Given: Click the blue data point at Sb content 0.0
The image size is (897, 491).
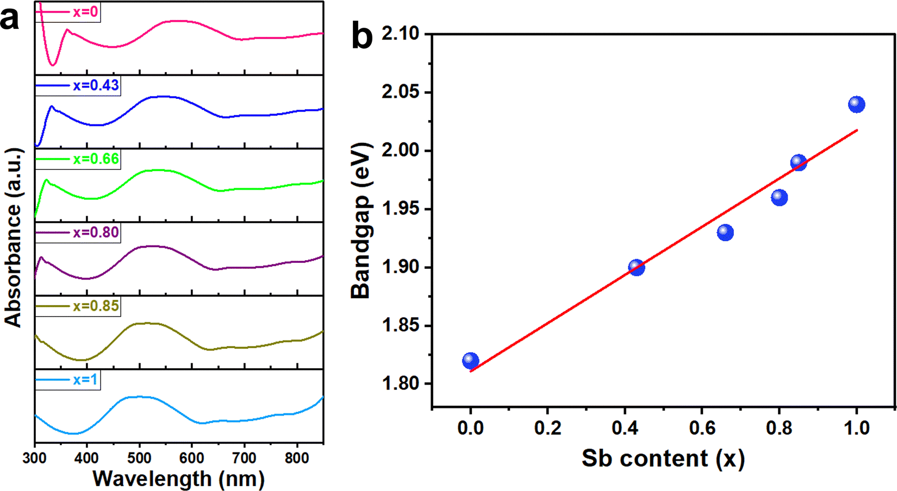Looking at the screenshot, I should click(470, 361).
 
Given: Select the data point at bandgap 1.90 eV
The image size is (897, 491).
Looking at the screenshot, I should click(636, 267).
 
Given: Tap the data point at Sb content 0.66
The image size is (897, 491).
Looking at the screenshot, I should click(725, 232).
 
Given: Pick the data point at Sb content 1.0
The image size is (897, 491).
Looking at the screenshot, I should click(856, 104).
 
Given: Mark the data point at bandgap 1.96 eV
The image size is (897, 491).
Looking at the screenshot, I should click(779, 197).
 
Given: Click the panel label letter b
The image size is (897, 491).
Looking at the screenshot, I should click(362, 36).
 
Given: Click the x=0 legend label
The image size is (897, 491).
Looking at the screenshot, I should click(85, 12).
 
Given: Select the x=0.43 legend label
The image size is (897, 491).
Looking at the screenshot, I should click(96, 86).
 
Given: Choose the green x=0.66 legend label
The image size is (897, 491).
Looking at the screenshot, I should click(96, 159).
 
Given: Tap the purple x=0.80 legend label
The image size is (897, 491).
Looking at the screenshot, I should click(96, 232).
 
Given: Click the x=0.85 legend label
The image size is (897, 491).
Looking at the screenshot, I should click(96, 306).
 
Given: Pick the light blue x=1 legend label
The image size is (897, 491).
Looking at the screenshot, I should click(85, 379).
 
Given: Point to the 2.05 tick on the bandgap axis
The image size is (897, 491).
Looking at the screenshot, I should click(401, 92).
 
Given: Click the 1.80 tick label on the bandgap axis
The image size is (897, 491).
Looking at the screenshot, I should click(401, 384).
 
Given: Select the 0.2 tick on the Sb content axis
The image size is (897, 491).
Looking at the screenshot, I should click(547, 427).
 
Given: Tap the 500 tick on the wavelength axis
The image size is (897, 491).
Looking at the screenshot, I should click(139, 458).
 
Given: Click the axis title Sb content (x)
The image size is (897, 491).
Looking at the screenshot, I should click(663, 458).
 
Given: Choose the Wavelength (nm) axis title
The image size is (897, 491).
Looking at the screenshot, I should click(178, 479).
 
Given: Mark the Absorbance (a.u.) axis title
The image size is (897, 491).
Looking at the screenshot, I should click(13, 237).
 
